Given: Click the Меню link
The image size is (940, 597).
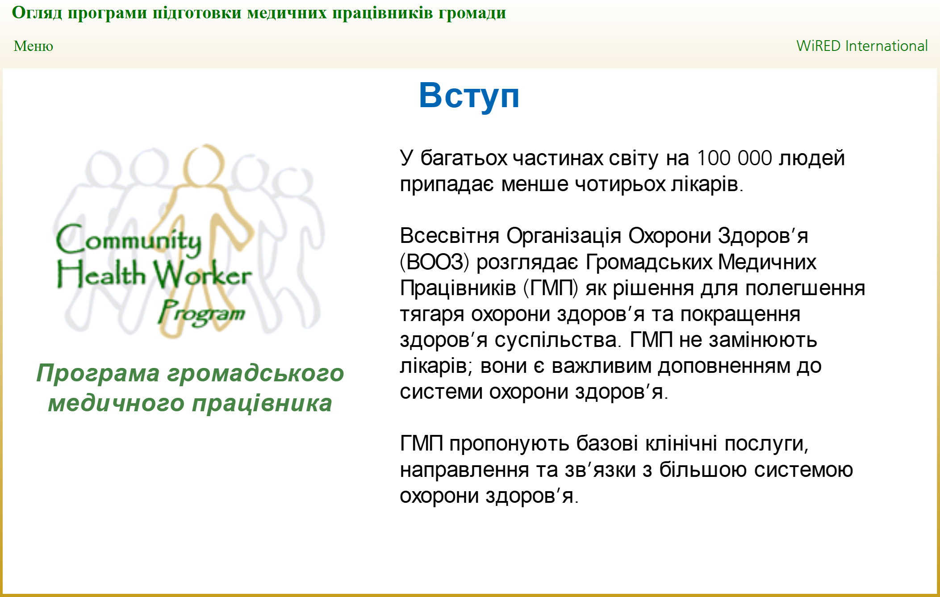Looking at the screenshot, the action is pos(33,46).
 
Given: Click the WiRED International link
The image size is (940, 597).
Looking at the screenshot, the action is pos(862,46).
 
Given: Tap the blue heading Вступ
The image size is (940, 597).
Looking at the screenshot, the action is pos(469,96).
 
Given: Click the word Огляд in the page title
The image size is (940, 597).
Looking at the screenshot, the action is pos(37,13).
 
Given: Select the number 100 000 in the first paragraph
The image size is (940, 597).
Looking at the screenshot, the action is pos(734,158).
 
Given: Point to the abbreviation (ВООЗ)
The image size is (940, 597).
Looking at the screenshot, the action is pos(434,262).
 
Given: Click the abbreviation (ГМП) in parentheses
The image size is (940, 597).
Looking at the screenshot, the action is pos(551,288).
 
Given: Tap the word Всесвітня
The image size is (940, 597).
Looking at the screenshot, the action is pos(449,236).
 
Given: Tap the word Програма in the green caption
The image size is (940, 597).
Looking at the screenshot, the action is pos(98,373).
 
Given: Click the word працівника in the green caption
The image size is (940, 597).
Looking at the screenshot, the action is pos(262,404).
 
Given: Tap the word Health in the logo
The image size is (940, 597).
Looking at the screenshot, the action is pos(101,273).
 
